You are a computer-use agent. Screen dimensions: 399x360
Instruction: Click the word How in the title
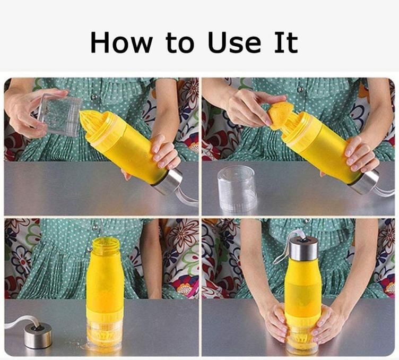(122, 43)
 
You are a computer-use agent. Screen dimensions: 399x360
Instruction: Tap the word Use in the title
(235, 43)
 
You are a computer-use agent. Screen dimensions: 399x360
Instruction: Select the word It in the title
(286, 43)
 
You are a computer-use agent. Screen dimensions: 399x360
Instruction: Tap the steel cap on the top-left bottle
(168, 182)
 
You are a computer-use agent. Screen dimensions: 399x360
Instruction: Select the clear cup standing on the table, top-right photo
(236, 188)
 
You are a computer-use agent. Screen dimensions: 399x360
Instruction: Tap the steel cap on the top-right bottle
(365, 181)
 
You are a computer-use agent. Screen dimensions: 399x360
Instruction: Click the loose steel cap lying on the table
(38, 335)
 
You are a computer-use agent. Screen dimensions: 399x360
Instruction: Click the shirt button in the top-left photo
(94, 97)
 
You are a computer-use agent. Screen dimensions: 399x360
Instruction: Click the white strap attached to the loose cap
(22, 321)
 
